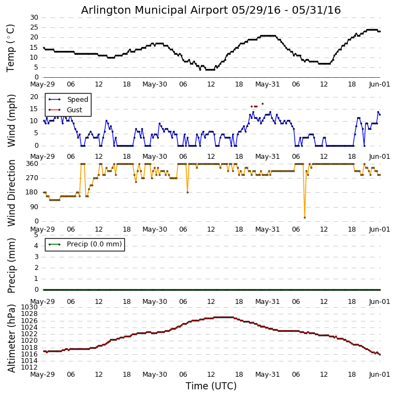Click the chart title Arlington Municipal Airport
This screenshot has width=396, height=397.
211,10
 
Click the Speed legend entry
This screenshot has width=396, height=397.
77,100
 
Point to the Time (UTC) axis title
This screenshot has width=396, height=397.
211,386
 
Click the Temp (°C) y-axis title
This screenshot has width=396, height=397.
11,48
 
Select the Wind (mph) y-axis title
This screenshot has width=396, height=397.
11,120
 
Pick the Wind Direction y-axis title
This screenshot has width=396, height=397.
11,193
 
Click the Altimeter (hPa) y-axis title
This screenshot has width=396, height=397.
11,338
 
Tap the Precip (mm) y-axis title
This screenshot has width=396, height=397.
11,265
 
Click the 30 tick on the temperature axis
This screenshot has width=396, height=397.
33,18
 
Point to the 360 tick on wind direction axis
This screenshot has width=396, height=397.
31,164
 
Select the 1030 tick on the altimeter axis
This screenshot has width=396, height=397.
30,307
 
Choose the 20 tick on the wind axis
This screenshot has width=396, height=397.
33,97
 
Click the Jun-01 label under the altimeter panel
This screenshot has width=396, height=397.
379,376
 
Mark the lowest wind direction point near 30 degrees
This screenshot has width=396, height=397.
305,217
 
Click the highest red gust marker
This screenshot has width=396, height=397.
262,103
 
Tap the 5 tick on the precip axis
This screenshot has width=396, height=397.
36,234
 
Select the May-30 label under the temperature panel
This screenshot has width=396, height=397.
154,85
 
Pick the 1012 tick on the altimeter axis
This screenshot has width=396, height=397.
30,367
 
